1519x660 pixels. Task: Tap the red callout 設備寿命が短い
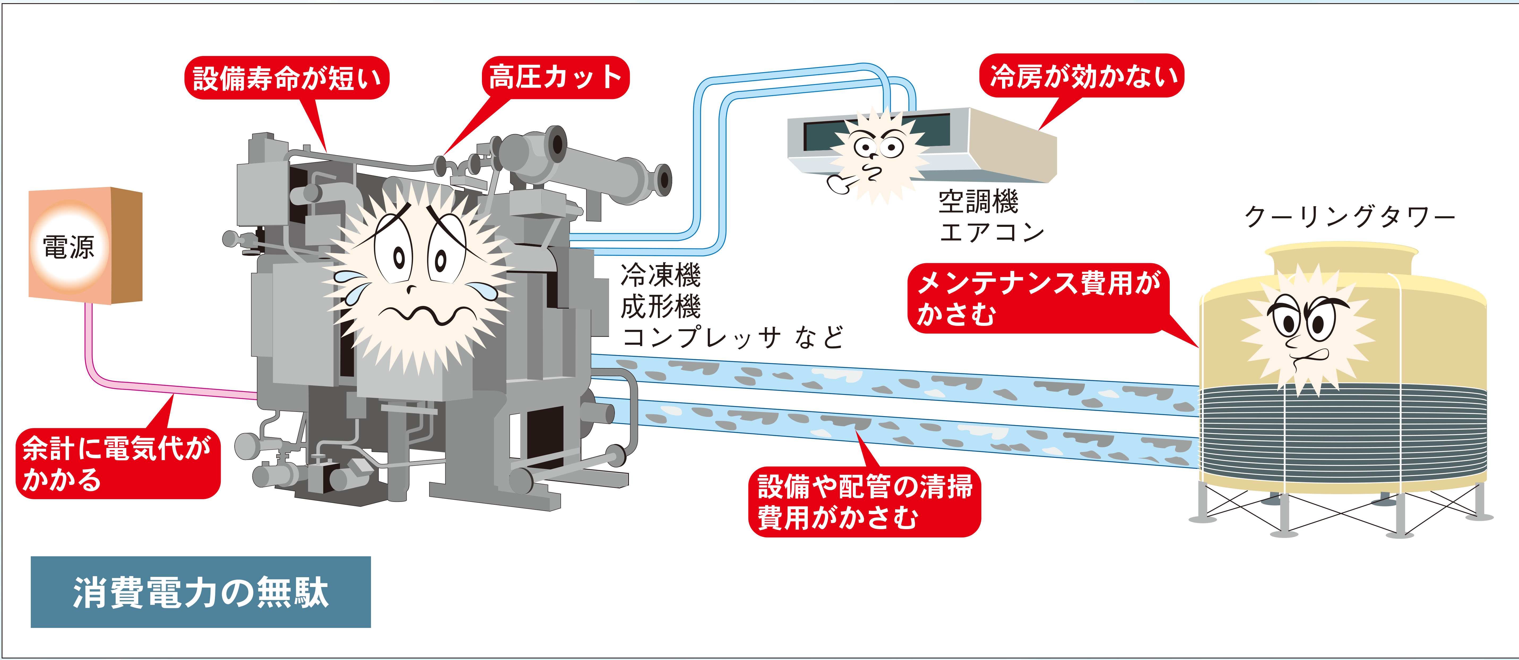pyautogui.click(x=287, y=78)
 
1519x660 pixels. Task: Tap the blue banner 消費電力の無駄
pyautogui.click(x=200, y=592)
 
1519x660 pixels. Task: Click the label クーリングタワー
pyautogui.click(x=1349, y=217)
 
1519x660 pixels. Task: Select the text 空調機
pyautogui.click(x=978, y=202)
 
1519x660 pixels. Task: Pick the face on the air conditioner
pyautogui.click(x=879, y=153)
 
